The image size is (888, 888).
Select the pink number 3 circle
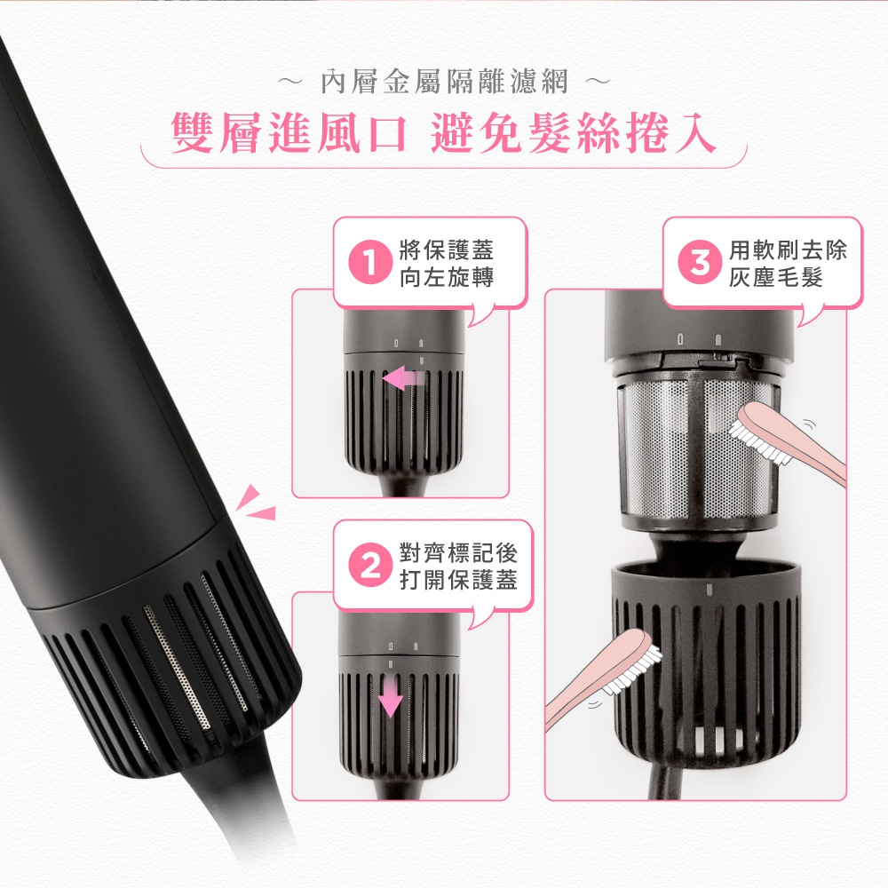[700, 264]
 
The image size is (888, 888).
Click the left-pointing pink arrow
[403, 379]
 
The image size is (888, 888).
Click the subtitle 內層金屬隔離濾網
[443, 84]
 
